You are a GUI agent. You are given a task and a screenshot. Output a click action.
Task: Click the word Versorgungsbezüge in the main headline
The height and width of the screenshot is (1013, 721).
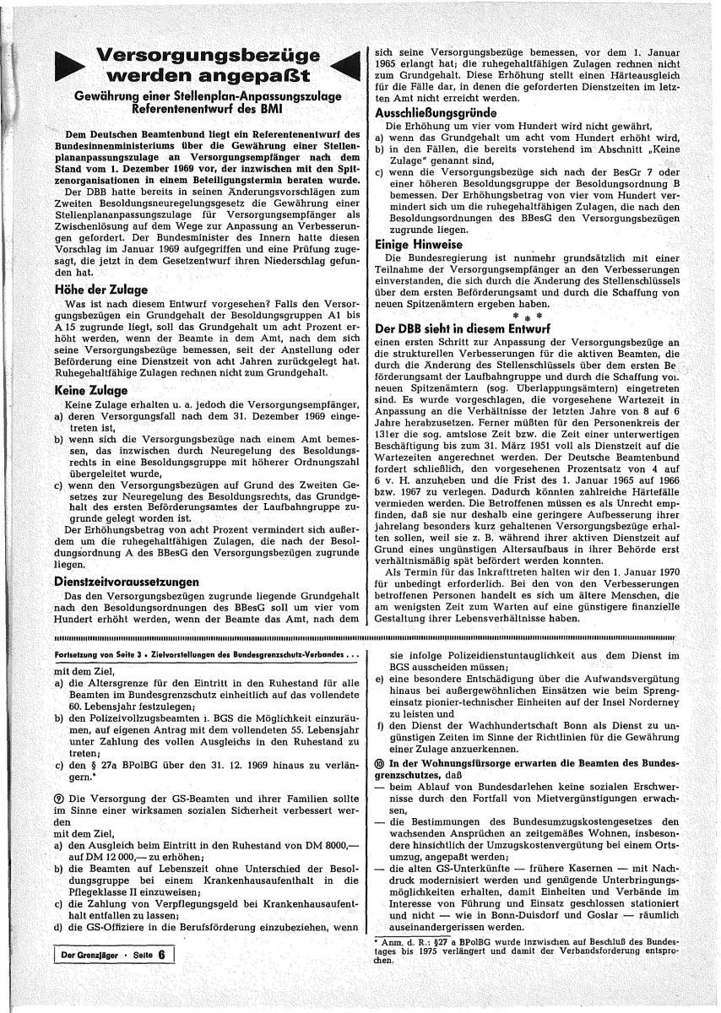tap(209, 57)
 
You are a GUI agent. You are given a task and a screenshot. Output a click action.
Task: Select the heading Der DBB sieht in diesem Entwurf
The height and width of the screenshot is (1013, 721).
tap(463, 327)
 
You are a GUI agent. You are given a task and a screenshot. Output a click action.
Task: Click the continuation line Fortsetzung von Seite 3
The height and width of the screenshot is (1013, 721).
tap(100, 655)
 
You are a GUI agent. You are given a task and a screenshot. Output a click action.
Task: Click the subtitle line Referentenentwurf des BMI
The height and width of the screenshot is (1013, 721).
tap(207, 109)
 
